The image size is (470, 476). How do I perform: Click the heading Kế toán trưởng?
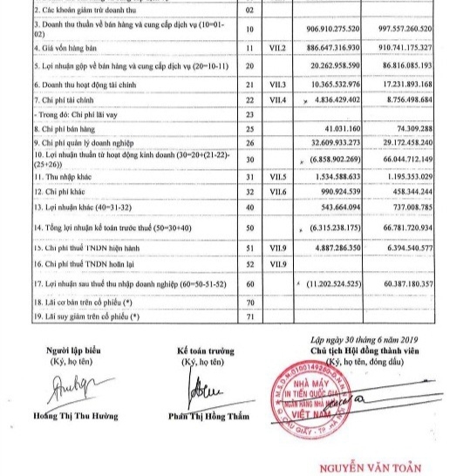(206, 350)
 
